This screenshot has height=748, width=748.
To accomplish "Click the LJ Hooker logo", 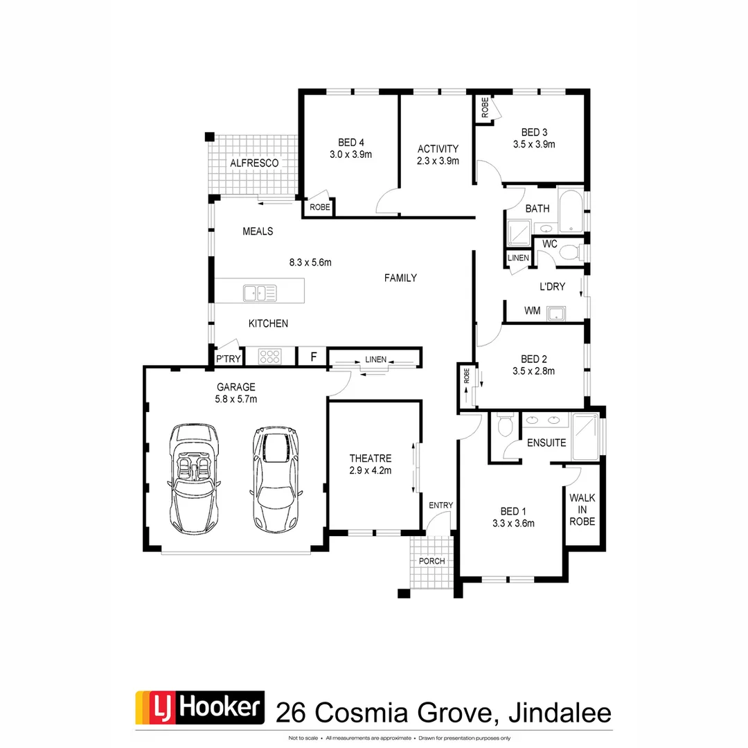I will [x=199, y=708].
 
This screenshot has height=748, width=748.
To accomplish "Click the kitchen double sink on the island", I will [x=260, y=293].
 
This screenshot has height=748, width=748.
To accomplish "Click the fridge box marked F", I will [x=313, y=357].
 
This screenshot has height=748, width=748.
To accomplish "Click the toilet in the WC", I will [x=570, y=253].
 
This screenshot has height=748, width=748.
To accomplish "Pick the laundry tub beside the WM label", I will [x=556, y=314].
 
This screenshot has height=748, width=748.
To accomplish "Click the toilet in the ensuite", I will [x=505, y=425].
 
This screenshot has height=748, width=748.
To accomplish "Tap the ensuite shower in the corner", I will [x=585, y=436].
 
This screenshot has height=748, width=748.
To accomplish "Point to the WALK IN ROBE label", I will [x=582, y=509].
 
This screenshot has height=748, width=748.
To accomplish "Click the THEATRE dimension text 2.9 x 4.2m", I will [x=371, y=470].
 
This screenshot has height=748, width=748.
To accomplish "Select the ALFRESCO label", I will [x=254, y=163].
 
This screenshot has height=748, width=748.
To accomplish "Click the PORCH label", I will [x=431, y=560].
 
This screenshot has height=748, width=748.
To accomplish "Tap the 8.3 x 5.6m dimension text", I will [x=310, y=262].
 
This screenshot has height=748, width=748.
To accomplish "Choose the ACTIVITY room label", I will [x=438, y=149].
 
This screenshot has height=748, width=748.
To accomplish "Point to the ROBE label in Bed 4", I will [x=320, y=206].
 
